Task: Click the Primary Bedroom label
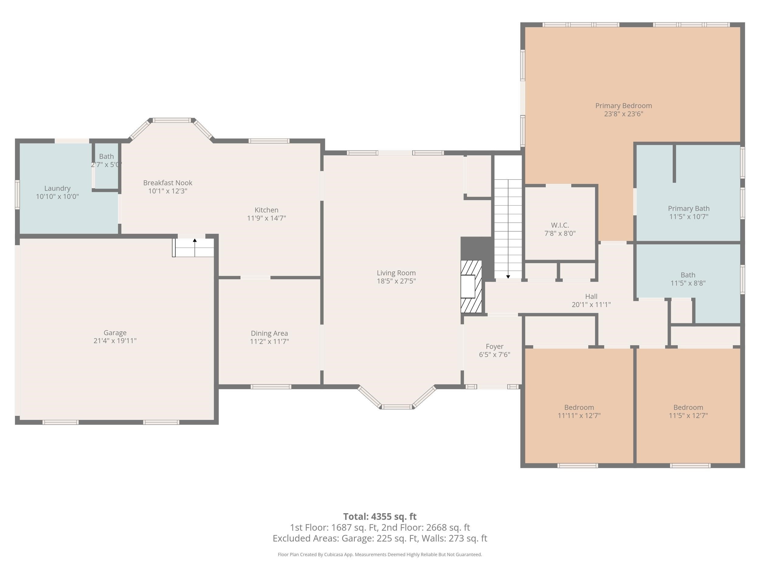[624, 106]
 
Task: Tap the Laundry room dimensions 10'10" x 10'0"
[57, 196]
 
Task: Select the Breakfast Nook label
[168, 183]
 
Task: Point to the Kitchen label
[266, 210]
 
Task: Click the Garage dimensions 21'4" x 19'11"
[115, 341]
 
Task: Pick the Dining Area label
[269, 333]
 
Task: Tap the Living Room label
[396, 273]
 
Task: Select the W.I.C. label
[560, 225]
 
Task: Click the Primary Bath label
[689, 209]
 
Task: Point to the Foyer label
[494, 347]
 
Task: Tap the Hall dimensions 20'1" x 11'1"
[591, 304]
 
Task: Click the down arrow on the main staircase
[508, 277]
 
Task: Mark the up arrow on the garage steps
[195, 240]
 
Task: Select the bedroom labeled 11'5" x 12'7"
[688, 412]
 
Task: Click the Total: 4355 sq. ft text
[380, 516]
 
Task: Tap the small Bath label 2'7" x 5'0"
[106, 161]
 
